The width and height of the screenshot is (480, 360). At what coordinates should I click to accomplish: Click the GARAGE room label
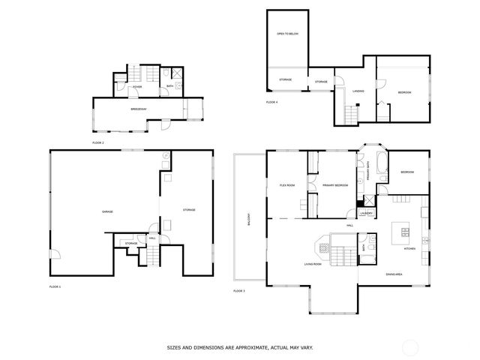coord(107,211)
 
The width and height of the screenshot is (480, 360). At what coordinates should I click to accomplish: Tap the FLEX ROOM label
coord(287,184)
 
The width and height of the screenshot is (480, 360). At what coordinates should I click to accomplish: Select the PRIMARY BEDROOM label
coord(334,184)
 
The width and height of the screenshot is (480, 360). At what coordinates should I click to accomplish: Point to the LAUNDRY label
coord(366,214)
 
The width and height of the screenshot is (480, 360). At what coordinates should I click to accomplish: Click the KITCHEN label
coord(409,248)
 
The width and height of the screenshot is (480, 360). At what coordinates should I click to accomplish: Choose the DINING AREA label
coord(394,274)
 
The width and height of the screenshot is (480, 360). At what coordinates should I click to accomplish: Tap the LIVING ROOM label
coord(313,264)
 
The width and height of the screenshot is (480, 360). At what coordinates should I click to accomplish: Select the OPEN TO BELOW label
coord(288,34)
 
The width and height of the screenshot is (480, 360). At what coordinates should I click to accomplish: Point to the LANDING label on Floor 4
coord(358,91)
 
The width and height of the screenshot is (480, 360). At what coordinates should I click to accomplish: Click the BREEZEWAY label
coord(138,109)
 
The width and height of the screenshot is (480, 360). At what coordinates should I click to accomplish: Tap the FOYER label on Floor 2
coord(137,87)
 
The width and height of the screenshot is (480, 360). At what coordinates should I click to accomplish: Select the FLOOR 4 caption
coord(271,102)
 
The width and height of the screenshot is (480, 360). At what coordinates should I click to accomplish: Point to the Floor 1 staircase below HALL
coord(152,257)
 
